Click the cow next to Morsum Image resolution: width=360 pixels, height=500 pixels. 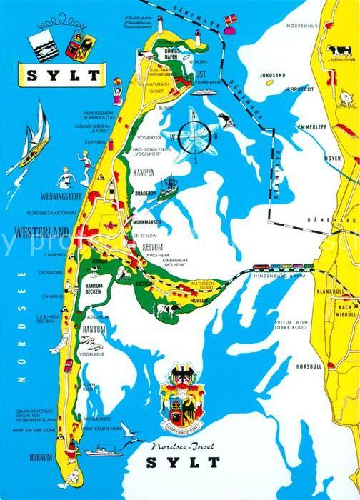click(x=167, y=310)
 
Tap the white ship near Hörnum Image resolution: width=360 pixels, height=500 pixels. click(x=105, y=451)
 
